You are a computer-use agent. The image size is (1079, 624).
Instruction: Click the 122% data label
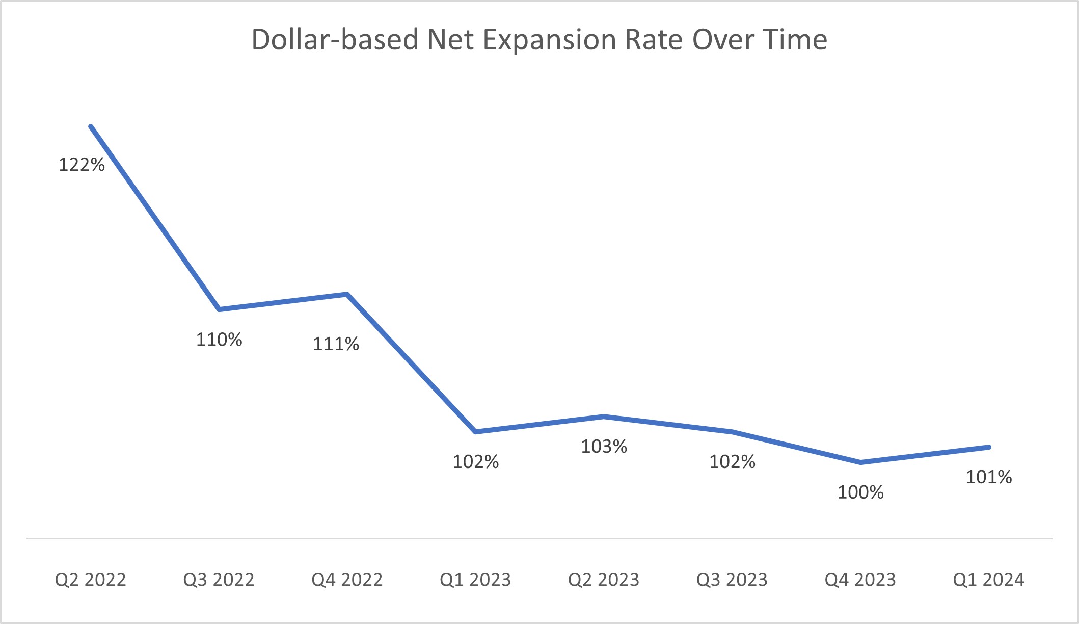pos(82,165)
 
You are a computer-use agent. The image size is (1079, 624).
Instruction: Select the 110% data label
pos(219,340)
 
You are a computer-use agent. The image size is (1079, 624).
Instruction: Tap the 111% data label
pos(336,344)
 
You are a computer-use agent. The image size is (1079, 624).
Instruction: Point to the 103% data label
pos(604,447)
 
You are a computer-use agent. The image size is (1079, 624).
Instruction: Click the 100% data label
pos(860,492)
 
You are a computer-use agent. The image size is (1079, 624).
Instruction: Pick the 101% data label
pos(989,477)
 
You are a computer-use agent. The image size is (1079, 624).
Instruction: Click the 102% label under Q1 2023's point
pos(475,462)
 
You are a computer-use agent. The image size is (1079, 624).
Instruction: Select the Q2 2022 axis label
pos(90,580)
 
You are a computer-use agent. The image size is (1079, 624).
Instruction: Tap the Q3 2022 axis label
pos(219,580)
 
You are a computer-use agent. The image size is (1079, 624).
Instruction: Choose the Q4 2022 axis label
pos(347,580)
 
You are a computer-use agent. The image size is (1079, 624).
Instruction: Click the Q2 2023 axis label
pos(604,580)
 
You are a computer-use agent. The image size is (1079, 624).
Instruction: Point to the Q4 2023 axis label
pos(860,580)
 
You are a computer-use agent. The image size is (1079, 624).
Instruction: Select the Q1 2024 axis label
pos(989,580)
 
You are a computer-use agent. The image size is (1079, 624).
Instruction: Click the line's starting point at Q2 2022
pos(91,126)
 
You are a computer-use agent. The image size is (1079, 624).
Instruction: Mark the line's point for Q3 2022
pos(219,309)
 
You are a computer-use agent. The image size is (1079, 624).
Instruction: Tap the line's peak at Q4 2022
pos(347,294)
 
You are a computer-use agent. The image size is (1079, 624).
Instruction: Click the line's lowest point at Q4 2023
pos(860,462)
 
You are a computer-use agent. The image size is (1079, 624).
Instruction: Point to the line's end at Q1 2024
pos(989,447)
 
